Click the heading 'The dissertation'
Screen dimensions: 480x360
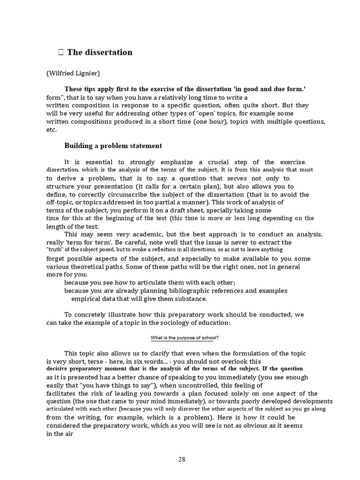[x=99, y=52]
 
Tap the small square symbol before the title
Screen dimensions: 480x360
[x=61, y=52]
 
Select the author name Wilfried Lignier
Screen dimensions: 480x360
[x=73, y=73]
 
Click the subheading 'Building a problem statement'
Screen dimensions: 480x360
[x=113, y=145]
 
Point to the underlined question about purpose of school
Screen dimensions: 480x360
[x=184, y=338]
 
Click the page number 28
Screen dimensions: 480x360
[x=181, y=459]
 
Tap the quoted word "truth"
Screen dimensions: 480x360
[x=56, y=250]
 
